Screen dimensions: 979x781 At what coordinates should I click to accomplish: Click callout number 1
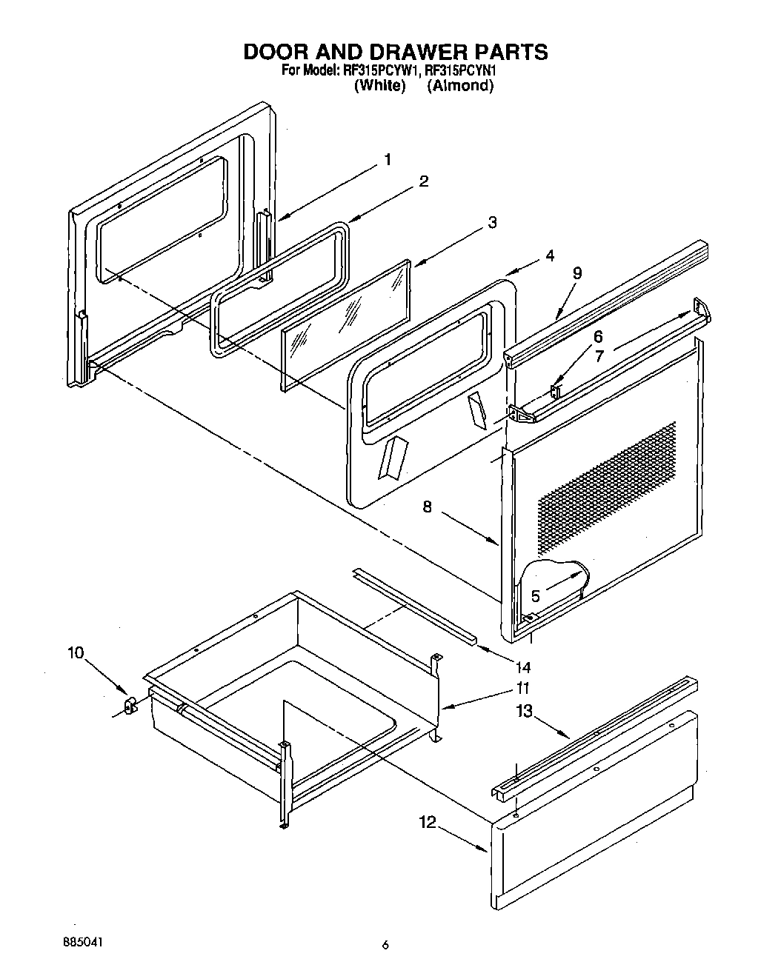(387, 159)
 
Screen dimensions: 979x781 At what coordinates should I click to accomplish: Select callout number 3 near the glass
(492, 222)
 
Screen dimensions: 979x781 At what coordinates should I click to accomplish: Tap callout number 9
(577, 273)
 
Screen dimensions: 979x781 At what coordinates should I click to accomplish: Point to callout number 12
(427, 821)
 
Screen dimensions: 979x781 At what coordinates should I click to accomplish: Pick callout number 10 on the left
(76, 652)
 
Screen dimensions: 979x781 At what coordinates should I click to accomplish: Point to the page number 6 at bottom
(385, 944)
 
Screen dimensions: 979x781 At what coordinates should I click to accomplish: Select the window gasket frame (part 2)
(282, 293)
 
